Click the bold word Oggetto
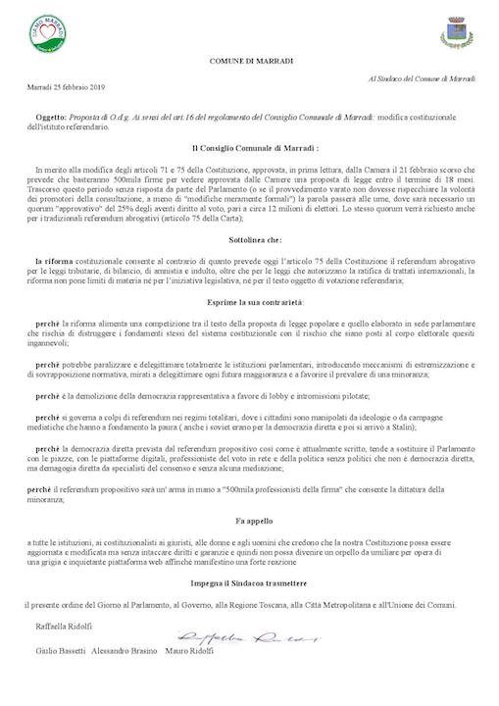50,115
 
